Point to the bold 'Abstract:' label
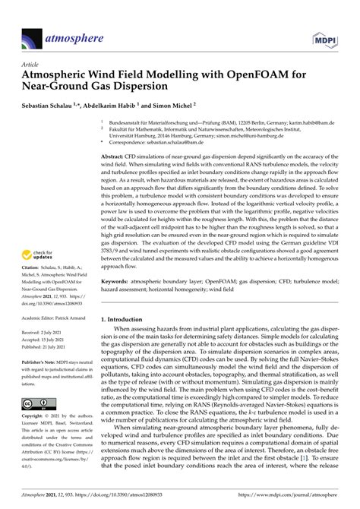tap(115, 155)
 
